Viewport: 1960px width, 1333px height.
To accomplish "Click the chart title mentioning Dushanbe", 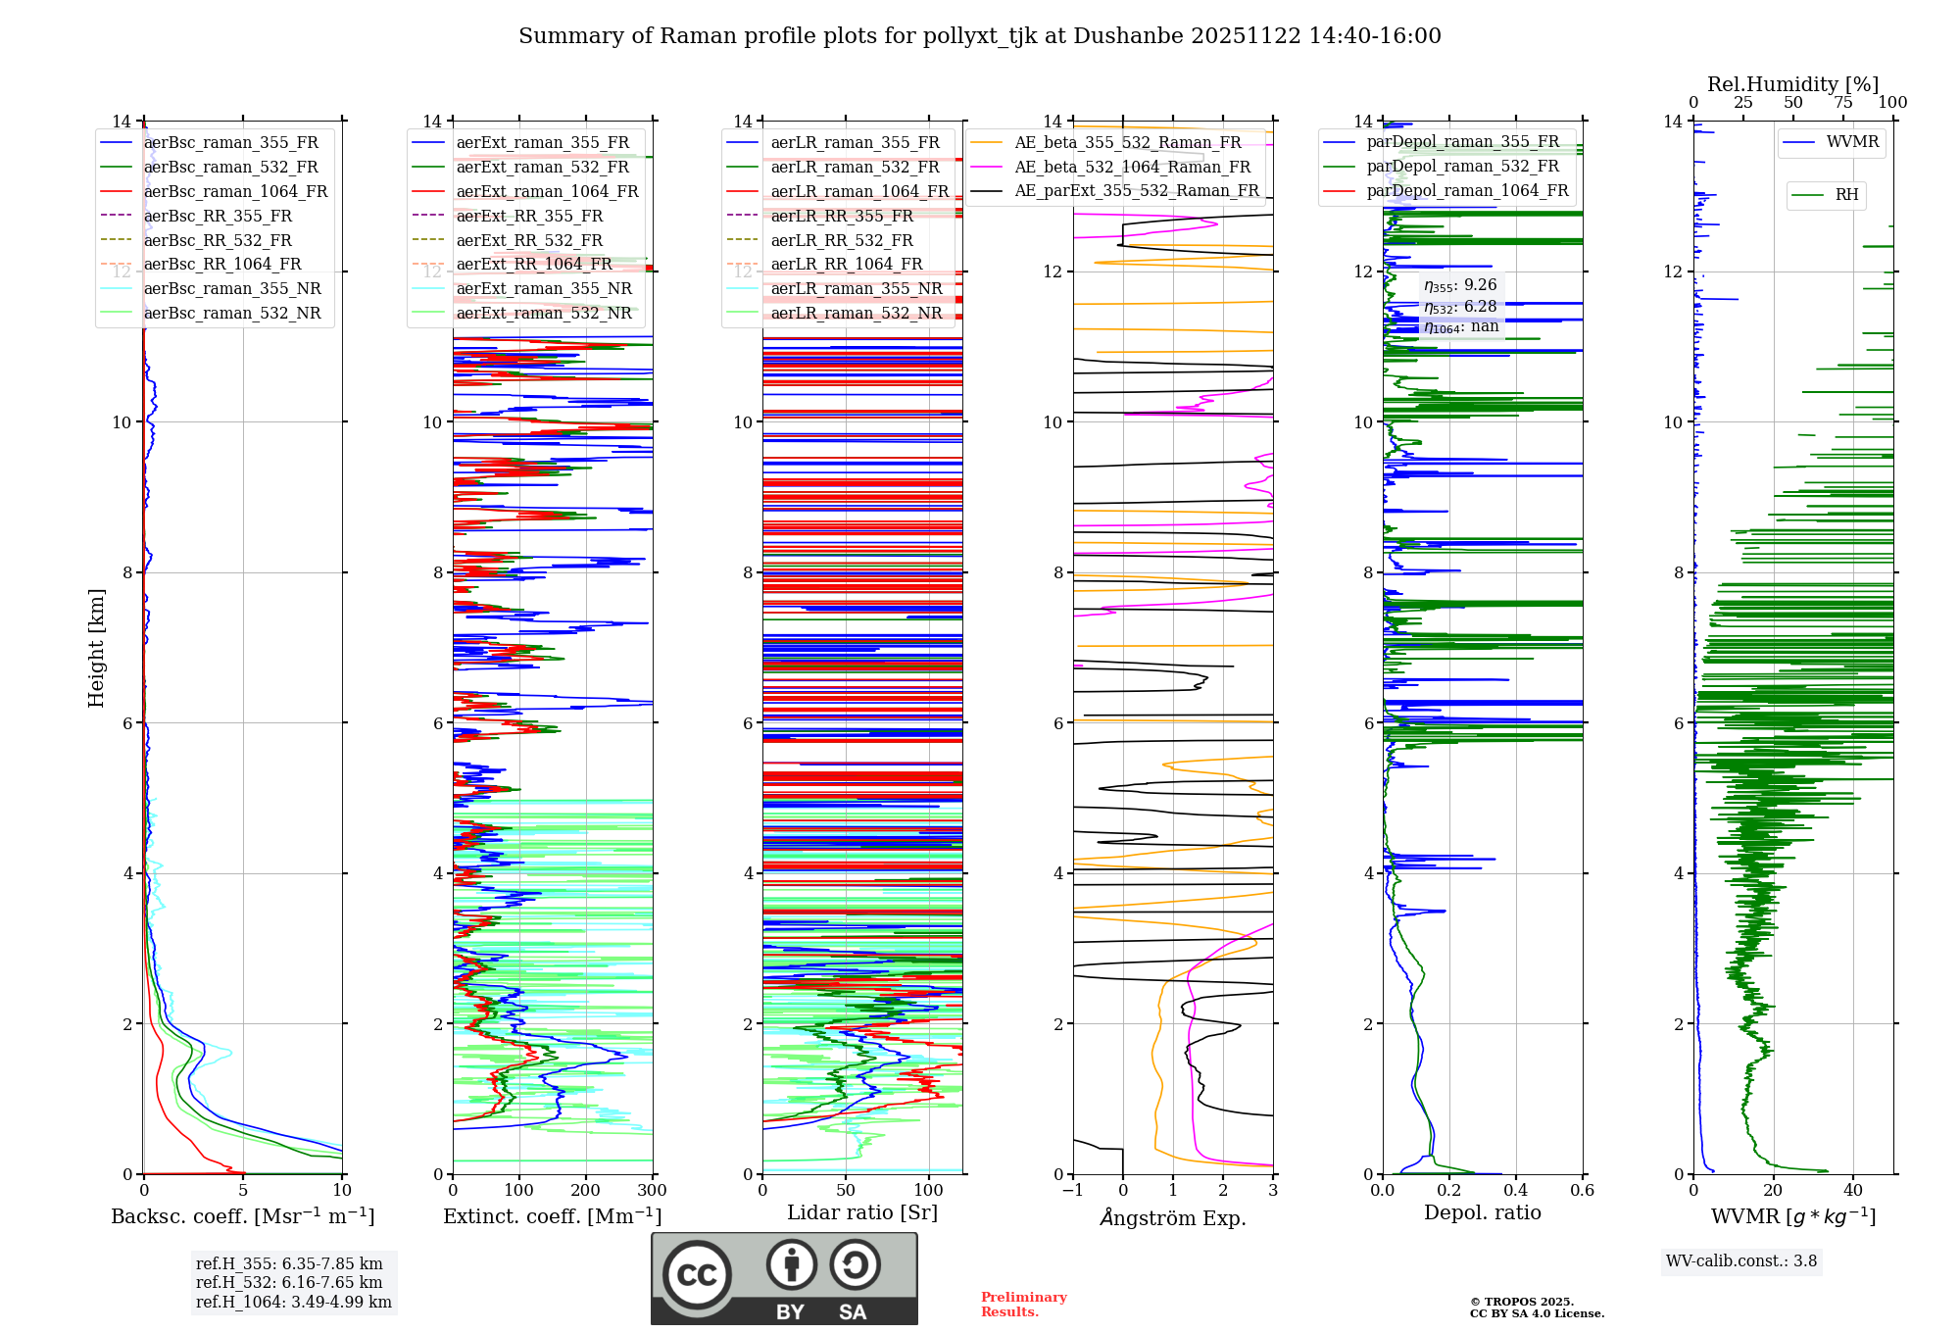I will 979,36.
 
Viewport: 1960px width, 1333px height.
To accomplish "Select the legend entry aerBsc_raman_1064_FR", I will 235,191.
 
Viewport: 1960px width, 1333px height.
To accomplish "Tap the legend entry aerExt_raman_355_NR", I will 544,288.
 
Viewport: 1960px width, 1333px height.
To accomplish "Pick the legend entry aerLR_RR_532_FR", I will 841,240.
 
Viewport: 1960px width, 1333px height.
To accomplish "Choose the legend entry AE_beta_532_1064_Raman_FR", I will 1132,167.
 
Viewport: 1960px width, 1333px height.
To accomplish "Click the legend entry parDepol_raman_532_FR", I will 1462,166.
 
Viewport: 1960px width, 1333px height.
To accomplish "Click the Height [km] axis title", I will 96,647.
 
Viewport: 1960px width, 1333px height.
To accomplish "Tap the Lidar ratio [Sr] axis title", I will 861,1212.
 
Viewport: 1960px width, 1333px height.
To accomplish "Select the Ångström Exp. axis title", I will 1172,1217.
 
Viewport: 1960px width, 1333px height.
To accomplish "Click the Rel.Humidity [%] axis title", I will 1792,84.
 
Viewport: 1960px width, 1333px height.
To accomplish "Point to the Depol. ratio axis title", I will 1482,1212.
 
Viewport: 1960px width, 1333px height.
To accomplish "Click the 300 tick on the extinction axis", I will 652,1191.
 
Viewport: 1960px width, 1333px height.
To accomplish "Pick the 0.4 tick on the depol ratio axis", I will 1515,1191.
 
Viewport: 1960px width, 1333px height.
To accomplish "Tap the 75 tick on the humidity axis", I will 1842,103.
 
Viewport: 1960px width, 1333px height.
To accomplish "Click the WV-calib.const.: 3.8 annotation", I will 1740,1261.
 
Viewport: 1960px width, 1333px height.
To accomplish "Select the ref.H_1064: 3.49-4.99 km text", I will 293,1303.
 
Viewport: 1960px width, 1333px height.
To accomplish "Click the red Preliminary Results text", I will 1023,1304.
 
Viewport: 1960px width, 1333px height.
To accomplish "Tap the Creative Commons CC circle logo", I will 697,1275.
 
